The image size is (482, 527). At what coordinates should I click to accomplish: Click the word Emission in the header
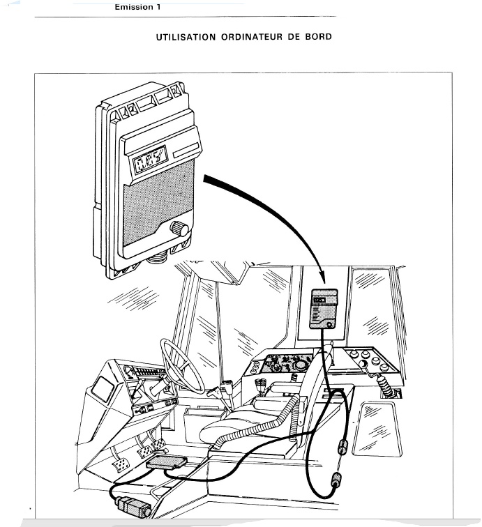[135, 7]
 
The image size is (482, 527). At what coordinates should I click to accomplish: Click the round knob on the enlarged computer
[181, 228]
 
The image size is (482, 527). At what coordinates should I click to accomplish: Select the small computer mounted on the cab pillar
[324, 308]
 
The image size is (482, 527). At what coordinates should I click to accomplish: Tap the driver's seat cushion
[237, 422]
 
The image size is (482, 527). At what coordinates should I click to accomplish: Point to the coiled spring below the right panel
[386, 387]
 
